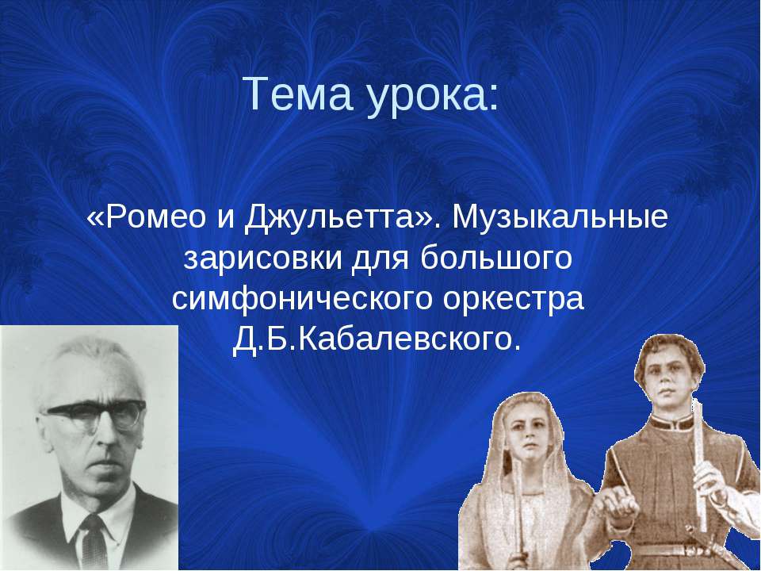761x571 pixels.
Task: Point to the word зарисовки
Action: point(263,259)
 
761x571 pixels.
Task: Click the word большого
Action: point(495,259)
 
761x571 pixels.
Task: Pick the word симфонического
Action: point(302,300)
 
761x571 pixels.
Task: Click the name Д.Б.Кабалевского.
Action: point(377,340)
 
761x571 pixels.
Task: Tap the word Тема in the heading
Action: point(300,94)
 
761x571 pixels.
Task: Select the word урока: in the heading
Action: point(433,97)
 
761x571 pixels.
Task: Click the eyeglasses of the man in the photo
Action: point(94,414)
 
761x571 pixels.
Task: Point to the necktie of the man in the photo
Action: point(94,542)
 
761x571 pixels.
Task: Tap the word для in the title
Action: point(380,260)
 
